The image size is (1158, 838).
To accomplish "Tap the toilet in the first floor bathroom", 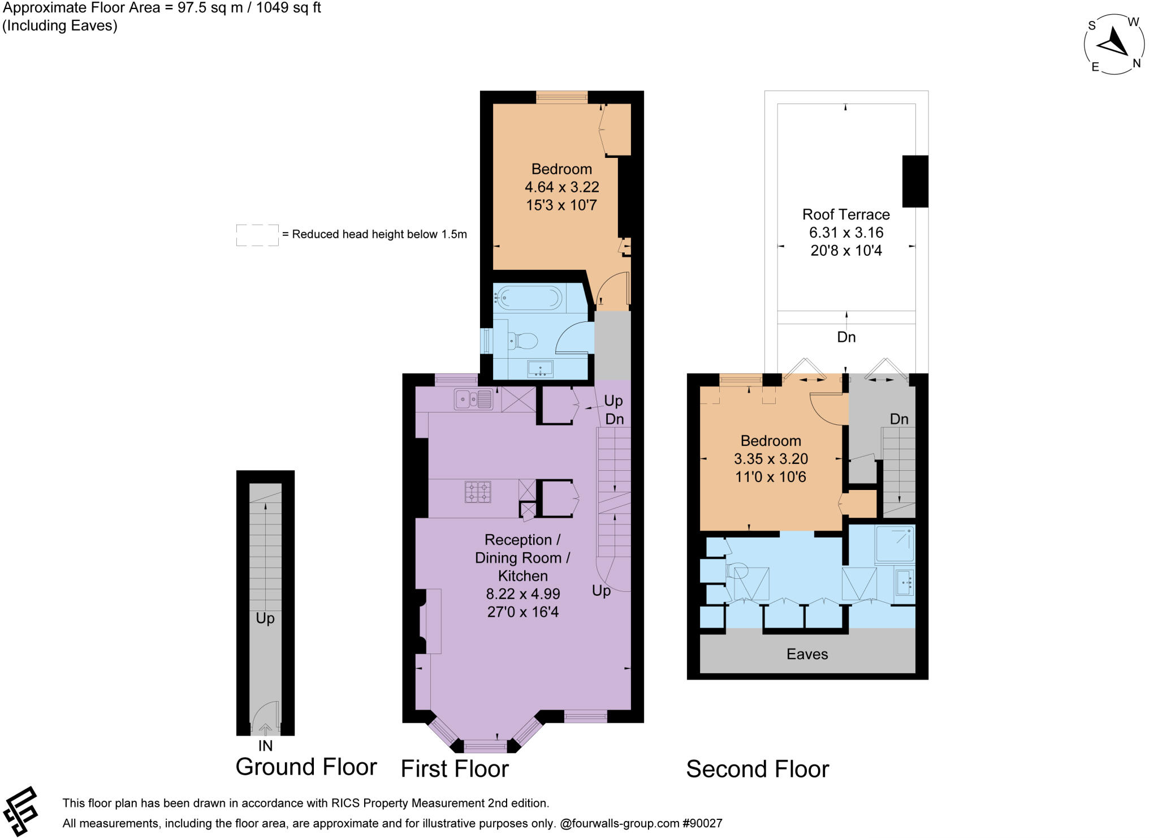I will (524, 341).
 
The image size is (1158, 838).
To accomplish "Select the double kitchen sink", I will (473, 399).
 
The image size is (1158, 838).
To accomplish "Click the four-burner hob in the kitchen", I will (478, 492).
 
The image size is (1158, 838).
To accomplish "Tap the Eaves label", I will (807, 654).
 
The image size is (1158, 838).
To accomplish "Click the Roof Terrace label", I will (846, 214).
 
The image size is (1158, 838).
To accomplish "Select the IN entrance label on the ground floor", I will (265, 746).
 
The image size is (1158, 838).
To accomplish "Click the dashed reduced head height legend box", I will (257, 235).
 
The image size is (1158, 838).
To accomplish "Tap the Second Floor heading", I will (757, 770).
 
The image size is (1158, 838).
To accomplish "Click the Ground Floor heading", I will (306, 767).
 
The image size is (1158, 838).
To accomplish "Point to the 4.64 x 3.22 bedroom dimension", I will (561, 187).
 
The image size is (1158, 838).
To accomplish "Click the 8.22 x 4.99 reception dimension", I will (523, 594).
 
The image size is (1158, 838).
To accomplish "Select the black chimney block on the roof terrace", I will (914, 181).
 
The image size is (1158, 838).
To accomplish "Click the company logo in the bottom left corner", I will (20, 811).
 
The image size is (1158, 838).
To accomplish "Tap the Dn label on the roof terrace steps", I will (846, 337).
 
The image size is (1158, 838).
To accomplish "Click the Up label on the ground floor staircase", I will (265, 618).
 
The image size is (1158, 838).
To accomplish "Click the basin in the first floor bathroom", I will (540, 369).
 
